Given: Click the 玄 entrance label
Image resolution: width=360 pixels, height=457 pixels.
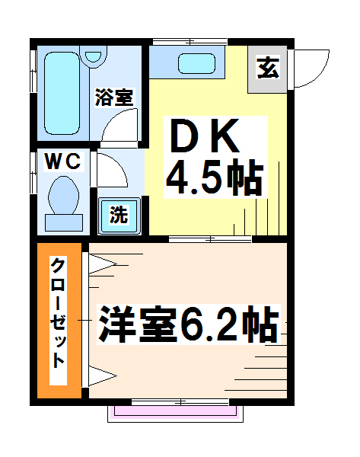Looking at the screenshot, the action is (268, 69).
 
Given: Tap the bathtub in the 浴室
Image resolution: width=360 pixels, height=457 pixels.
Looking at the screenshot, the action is (62, 93).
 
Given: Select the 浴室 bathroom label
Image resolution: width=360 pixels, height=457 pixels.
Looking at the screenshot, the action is (114, 97).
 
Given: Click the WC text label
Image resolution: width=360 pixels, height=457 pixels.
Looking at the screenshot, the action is (62, 161).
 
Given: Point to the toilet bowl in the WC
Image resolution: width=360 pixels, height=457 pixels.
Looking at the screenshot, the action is (63, 195).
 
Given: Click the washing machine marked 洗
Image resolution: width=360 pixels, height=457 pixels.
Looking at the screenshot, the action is (119, 216).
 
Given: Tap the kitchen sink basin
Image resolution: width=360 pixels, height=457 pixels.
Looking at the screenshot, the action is (196, 63).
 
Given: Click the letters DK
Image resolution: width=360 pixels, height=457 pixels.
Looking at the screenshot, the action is (205, 136).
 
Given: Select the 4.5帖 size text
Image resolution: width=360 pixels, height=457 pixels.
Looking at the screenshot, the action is (215, 177).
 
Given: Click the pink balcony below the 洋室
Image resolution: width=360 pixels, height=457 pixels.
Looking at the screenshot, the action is (175, 412).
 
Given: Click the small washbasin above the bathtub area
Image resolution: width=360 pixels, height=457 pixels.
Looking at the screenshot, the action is (94, 56).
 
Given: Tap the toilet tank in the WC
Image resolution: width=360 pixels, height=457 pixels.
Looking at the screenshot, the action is (64, 223).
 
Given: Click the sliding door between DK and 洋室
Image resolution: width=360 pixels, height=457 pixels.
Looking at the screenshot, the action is (210, 240).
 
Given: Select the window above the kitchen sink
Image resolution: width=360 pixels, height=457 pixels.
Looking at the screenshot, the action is (190, 42).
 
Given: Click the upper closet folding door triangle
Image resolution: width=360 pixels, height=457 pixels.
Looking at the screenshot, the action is (102, 264).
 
